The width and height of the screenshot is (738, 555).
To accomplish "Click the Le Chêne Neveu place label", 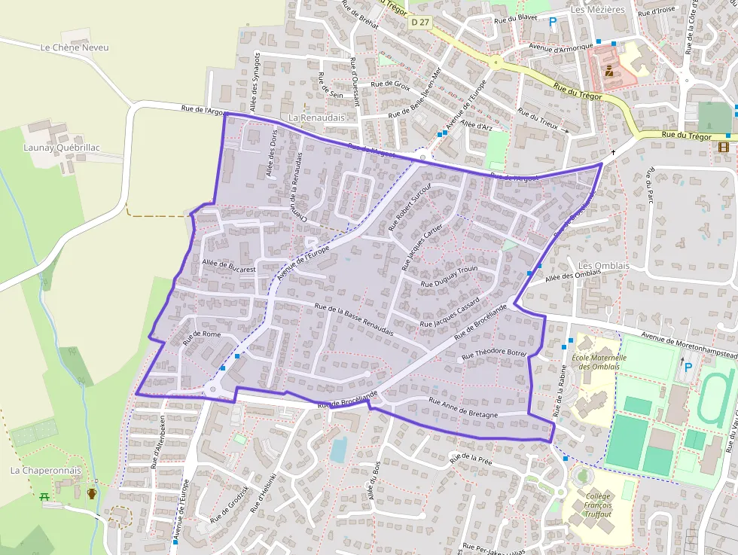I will click(75, 47).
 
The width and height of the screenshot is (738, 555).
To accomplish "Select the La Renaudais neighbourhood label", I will click(316, 118).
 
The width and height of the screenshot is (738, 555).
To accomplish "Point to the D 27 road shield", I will click(421, 23).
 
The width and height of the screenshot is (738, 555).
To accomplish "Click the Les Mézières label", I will click(598, 9).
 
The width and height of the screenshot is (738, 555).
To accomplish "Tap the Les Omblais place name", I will click(603, 267).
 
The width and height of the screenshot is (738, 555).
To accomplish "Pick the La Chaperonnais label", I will click(35, 470).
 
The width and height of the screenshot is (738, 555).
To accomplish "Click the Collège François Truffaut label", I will click(598, 505).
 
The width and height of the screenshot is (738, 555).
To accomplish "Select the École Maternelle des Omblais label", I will click(599, 362).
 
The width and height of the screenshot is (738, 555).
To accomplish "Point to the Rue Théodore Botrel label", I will click(493, 352).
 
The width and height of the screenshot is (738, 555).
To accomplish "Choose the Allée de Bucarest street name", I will click(229, 266).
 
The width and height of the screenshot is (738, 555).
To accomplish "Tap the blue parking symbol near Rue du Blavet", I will click(553, 23).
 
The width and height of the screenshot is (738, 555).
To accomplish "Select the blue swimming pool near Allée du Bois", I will click(338, 449).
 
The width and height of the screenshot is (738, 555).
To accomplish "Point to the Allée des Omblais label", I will click(572, 276).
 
